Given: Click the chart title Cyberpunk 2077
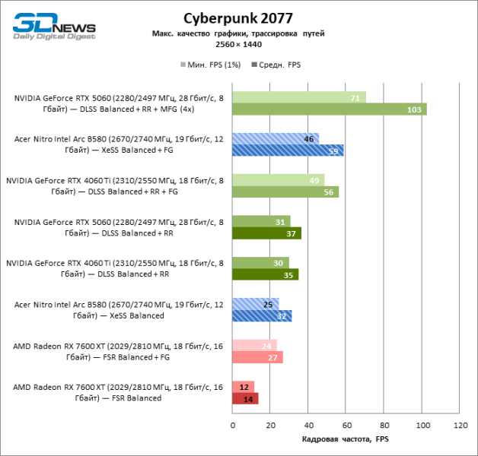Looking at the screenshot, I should click(x=238, y=17).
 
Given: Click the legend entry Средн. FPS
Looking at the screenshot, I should click(x=279, y=65).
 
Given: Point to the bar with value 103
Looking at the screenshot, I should click(x=329, y=109).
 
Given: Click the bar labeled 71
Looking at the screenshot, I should click(x=298, y=97).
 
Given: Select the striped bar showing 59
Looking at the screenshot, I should click(x=288, y=150).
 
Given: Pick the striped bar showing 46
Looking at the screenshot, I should click(x=275, y=139).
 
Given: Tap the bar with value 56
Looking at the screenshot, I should click(x=285, y=192).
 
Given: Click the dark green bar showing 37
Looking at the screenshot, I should click(x=266, y=233).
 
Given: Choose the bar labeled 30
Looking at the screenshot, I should click(x=260, y=263).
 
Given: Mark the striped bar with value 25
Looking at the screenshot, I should click(x=255, y=304).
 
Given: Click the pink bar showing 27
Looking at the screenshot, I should click(x=257, y=357).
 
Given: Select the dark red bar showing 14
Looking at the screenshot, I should click(x=245, y=398).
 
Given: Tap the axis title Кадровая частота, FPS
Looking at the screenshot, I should click(x=345, y=440).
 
